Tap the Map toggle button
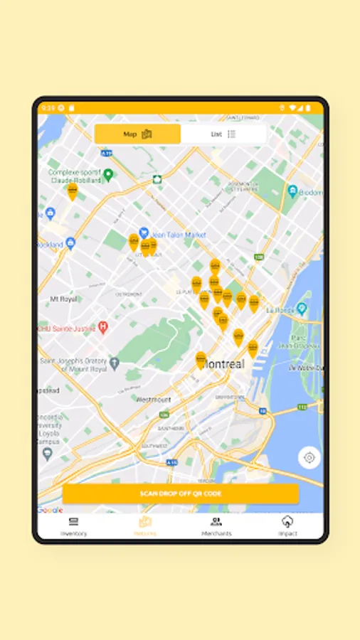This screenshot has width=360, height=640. point(137,134)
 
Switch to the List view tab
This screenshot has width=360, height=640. point(223,134)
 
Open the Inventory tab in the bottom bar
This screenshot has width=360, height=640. point(73,526)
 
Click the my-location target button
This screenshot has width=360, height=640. point(309,458)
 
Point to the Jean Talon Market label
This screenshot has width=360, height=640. point(179,234)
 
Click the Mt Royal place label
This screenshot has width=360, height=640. point(63,299)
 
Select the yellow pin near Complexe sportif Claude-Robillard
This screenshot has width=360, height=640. point(72,191)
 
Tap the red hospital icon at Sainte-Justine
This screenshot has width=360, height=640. point(103,327)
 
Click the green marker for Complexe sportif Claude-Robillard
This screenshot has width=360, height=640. point(108,174)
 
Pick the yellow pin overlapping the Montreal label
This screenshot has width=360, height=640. point(201,359)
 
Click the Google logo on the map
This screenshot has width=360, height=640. point(51,510)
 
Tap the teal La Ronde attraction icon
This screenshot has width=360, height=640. point(302,309)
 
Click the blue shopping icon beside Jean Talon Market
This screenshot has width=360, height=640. point(144,232)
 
